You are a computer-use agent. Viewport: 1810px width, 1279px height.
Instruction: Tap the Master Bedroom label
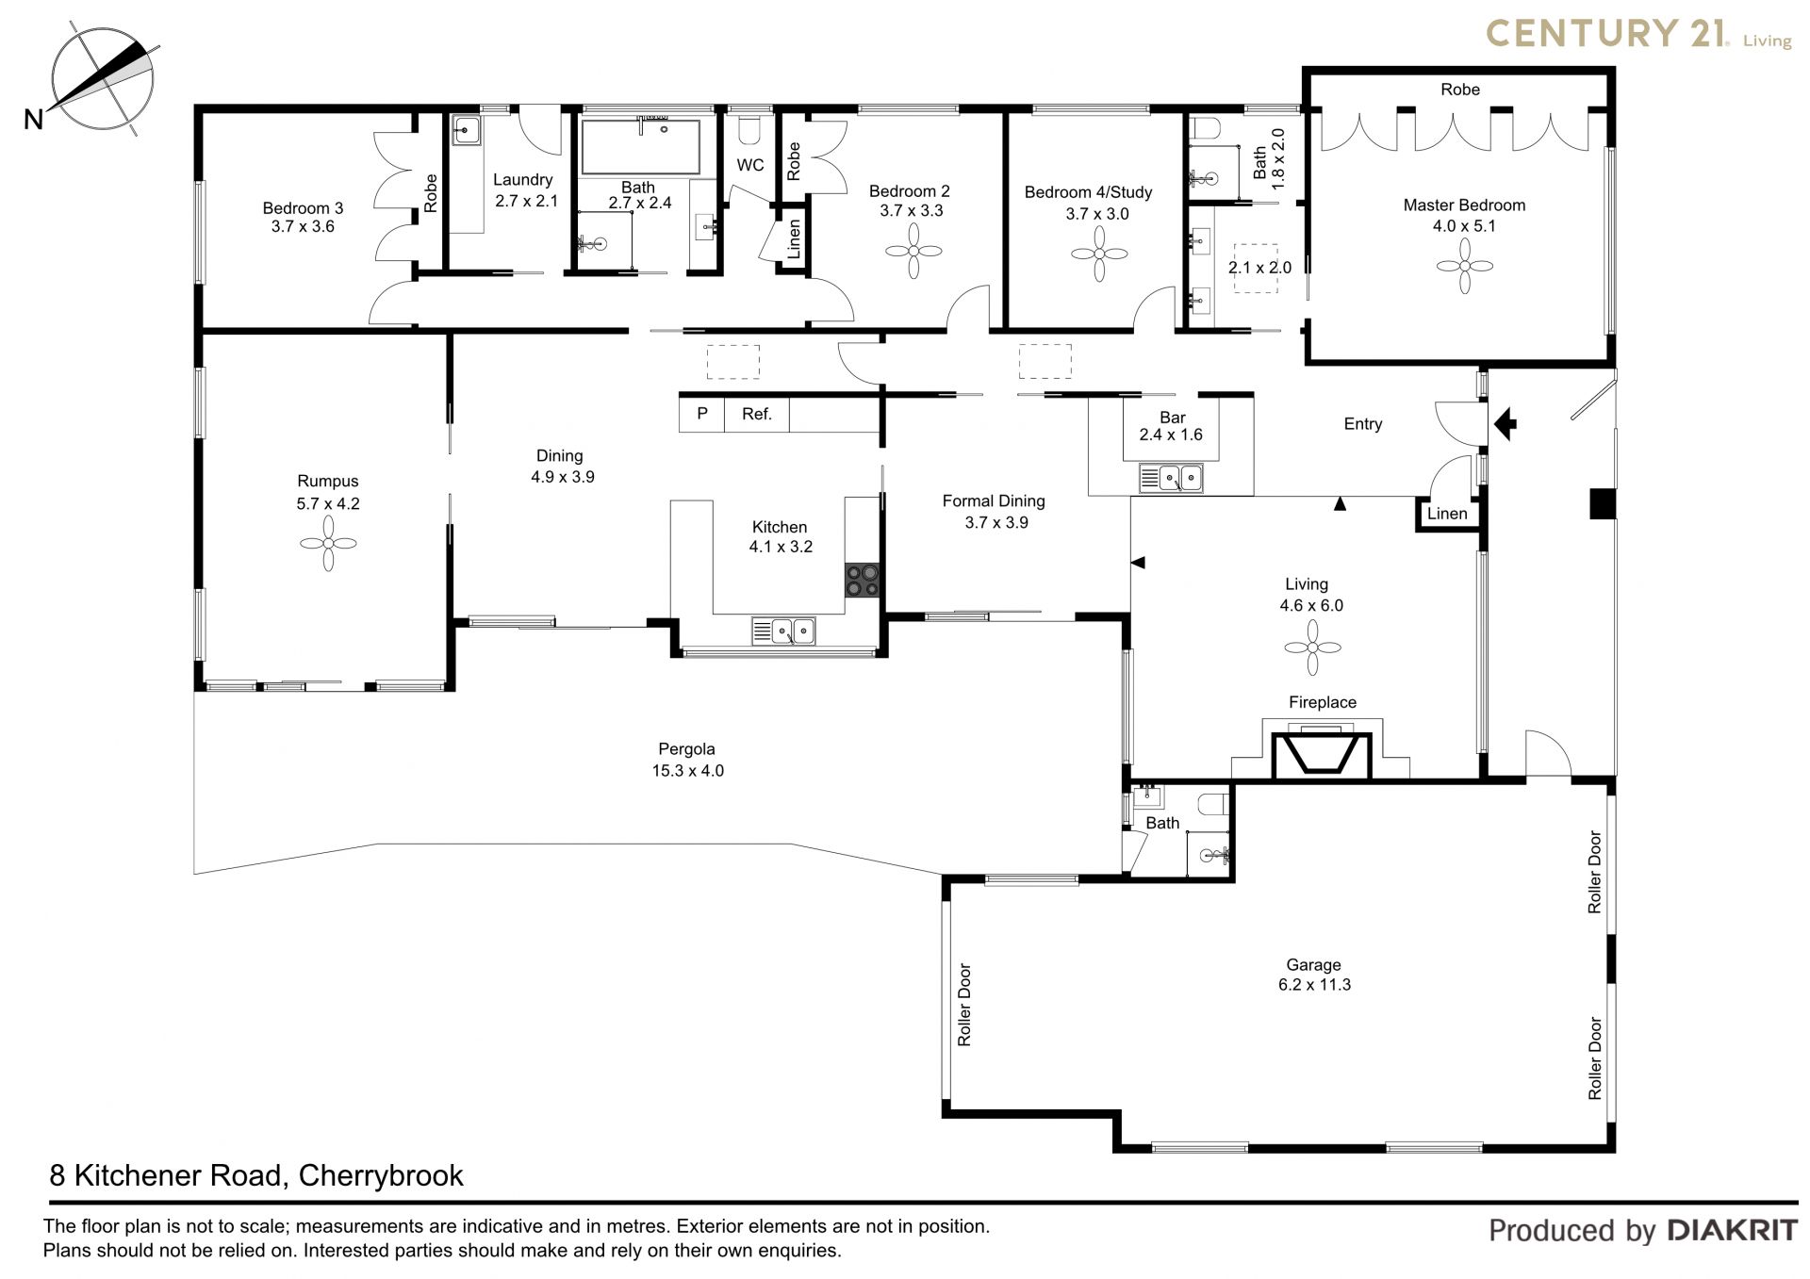tap(1463, 205)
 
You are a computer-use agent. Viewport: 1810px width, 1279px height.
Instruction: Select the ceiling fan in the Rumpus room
tap(328, 544)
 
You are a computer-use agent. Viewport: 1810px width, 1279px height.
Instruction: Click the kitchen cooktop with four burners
tap(863, 581)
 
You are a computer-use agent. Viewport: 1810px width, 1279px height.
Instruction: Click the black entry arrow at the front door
tap(1506, 423)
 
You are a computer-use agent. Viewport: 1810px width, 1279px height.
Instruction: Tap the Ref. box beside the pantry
tap(756, 414)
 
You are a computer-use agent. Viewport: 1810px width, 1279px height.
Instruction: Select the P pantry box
tap(702, 414)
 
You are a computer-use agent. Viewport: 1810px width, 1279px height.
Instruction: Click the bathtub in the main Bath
tap(640, 146)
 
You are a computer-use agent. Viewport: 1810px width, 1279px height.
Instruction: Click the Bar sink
tap(1171, 479)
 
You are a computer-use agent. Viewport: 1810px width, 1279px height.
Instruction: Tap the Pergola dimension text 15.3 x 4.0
tap(687, 770)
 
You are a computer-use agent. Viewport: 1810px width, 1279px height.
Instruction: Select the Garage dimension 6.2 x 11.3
tap(1313, 984)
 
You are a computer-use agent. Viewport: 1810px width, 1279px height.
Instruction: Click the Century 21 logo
tap(1638, 35)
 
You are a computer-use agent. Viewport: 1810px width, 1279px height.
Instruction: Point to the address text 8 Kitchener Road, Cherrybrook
tap(256, 1175)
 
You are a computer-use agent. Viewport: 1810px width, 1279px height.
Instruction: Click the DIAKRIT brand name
tap(1732, 1230)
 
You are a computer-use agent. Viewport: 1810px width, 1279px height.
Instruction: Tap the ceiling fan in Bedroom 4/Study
tap(1098, 254)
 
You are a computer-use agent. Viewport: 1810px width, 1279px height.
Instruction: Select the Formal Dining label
tap(994, 500)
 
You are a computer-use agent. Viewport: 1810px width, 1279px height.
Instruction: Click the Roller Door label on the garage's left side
tap(964, 1005)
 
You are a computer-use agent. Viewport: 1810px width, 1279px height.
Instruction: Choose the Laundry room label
tap(522, 180)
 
